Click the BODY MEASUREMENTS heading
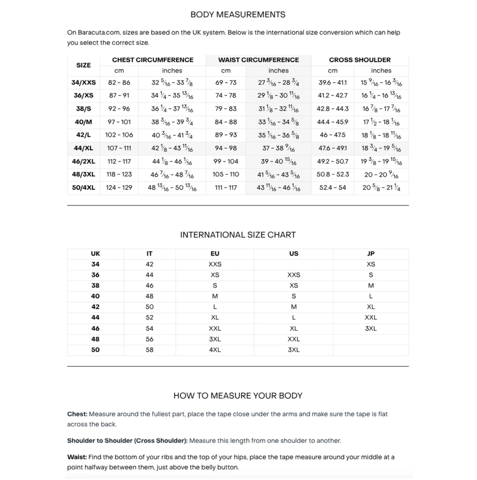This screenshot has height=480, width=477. point(238,15)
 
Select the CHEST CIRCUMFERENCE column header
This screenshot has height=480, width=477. point(152,60)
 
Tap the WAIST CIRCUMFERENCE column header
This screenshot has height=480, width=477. point(258,60)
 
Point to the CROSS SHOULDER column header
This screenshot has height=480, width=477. point(359,60)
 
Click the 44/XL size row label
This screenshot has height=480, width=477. point(83,148)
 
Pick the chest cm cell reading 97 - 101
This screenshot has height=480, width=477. point(119,122)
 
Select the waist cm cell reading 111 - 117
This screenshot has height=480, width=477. point(226,187)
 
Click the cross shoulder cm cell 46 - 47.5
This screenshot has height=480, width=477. point(332,135)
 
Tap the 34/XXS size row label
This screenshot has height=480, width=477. point(83,82)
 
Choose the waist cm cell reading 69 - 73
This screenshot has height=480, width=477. point(226,82)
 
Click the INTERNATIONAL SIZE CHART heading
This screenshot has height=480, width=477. point(238,235)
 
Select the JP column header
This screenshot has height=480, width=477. point(371,254)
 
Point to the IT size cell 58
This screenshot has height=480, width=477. point(149,350)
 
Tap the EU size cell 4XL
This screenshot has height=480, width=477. point(215,350)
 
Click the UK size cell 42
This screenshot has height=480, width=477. point(95,307)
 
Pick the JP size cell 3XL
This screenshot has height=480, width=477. point(371,328)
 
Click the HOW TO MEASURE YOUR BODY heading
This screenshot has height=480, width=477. point(238,396)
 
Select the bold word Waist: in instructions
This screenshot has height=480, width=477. point(77,457)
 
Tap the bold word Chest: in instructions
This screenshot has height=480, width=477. point(77,414)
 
